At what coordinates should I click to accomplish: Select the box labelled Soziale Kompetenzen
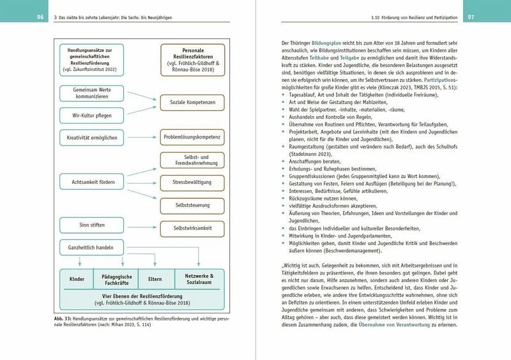click(191, 102)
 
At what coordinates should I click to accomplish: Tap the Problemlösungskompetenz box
click(191, 137)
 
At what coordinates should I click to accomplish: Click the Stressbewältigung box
click(191, 182)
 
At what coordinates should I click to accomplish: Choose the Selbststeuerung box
click(191, 204)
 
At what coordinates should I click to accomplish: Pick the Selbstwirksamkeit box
click(191, 227)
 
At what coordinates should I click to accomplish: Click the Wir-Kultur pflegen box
click(91, 115)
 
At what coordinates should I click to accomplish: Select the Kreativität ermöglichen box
click(91, 137)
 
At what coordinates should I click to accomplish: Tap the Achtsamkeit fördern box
click(91, 182)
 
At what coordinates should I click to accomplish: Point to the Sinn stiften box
click(91, 225)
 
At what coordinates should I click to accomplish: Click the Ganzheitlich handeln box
click(91, 246)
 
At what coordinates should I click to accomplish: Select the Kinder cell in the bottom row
click(77, 279)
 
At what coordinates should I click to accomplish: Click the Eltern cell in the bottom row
click(155, 279)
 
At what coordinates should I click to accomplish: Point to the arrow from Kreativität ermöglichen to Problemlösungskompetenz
click(141, 137)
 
